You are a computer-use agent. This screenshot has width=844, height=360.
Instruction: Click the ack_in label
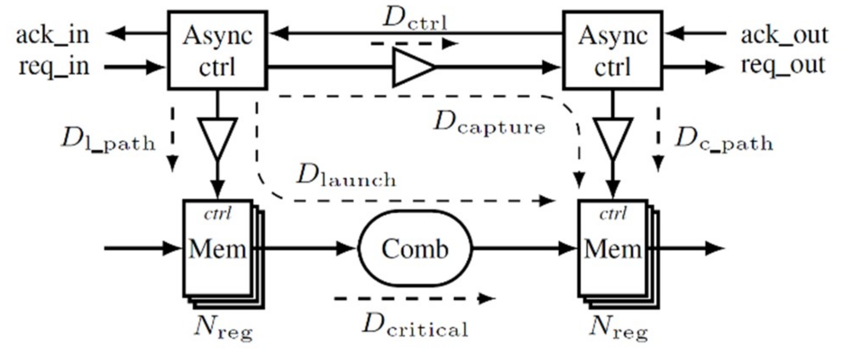pos(53,35)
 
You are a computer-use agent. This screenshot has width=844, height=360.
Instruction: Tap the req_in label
pos(54,67)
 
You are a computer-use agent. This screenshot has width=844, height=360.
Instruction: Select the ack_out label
pos(784,35)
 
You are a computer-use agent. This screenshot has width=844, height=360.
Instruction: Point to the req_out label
pos(783,65)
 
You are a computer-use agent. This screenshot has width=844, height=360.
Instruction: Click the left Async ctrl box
pos(217,50)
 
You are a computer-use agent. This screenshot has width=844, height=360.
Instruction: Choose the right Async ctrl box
pos(613,50)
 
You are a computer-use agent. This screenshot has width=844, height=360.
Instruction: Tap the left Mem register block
pos(218,249)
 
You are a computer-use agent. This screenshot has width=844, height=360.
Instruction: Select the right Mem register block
pos(613,249)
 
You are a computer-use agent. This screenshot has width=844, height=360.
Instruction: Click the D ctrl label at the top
pos(415,19)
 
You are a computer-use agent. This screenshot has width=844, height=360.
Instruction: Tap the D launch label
pos(346,176)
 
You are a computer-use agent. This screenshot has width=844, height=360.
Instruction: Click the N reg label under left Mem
pos(223,329)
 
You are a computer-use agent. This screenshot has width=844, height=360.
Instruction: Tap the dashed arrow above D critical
pos(414,299)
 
